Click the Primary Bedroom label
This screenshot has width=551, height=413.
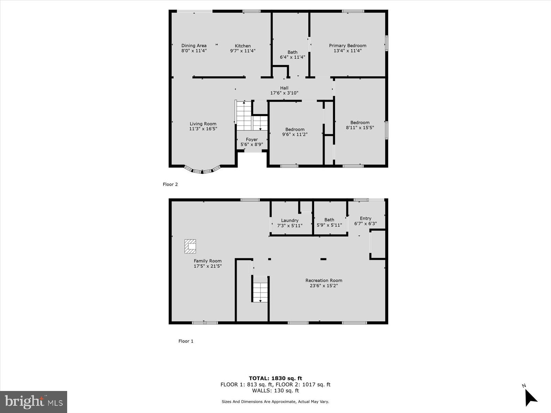coord(347,45)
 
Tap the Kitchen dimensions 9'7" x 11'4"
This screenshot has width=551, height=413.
coord(243,51)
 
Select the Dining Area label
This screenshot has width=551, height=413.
coord(194,45)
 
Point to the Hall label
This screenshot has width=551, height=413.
coord(284,88)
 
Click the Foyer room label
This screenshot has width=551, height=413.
coord(252,139)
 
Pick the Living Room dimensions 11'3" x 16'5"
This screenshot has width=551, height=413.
coord(203,129)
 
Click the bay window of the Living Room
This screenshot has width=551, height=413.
coord(202,170)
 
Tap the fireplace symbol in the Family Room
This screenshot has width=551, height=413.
coord(190,246)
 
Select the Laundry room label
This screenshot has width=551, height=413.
coord(290,221)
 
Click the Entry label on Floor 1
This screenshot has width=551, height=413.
coord(365,218)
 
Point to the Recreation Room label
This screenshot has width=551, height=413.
coord(324,280)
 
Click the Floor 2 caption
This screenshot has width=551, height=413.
coord(170,184)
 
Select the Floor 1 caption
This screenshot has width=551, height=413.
coord(186,341)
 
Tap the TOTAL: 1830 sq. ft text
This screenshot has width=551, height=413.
coord(275,378)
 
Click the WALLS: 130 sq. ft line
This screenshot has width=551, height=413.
coord(275,391)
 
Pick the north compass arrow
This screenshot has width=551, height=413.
coord(531,398)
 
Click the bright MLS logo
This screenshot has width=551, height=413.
coord(34,402)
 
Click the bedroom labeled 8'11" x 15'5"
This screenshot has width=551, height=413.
coord(360,125)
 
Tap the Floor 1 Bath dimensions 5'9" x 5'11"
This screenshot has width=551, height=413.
coord(329,225)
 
